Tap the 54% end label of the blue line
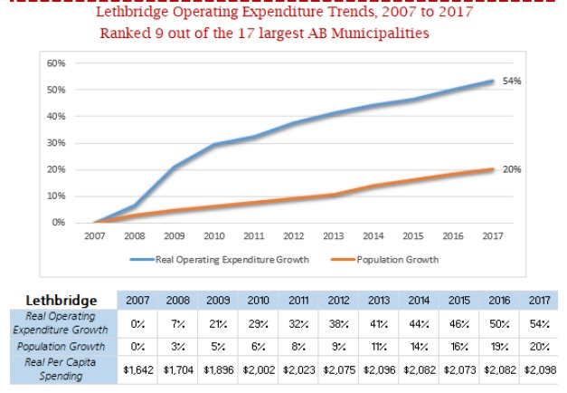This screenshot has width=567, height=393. (x=512, y=81)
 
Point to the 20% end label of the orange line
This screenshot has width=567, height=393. (x=512, y=169)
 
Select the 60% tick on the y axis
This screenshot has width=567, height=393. (x=56, y=63)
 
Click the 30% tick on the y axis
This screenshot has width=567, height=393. (x=56, y=143)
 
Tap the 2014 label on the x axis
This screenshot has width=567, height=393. (x=373, y=236)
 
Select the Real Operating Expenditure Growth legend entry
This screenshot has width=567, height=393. (x=232, y=259)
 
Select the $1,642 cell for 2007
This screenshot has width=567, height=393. (x=138, y=370)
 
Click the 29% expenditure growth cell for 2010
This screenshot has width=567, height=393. (x=258, y=322)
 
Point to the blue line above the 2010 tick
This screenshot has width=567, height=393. (x=213, y=145)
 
